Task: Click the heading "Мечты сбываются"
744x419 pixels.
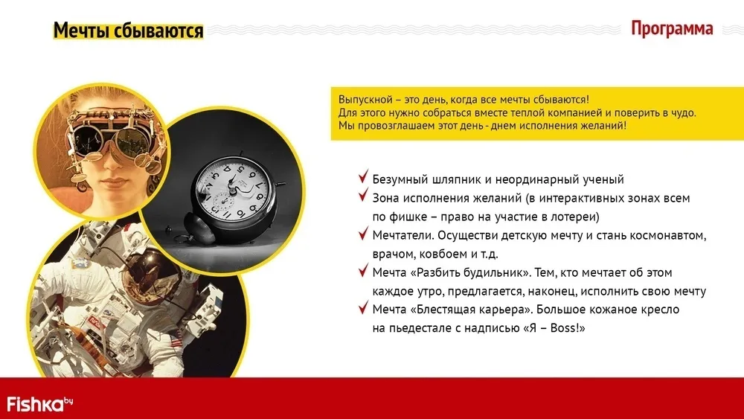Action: click(x=128, y=31)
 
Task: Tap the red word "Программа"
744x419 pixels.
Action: click(x=672, y=28)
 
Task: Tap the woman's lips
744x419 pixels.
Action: click(x=114, y=182)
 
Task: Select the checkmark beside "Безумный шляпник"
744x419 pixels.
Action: click(x=364, y=176)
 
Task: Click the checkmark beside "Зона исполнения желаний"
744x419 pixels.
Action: click(x=364, y=194)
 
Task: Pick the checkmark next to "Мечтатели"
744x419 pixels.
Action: click(x=364, y=232)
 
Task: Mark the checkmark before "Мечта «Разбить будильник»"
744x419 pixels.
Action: click(x=364, y=269)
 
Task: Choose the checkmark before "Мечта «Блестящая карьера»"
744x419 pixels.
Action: click(x=364, y=307)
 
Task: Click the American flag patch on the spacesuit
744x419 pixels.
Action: click(x=176, y=339)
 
